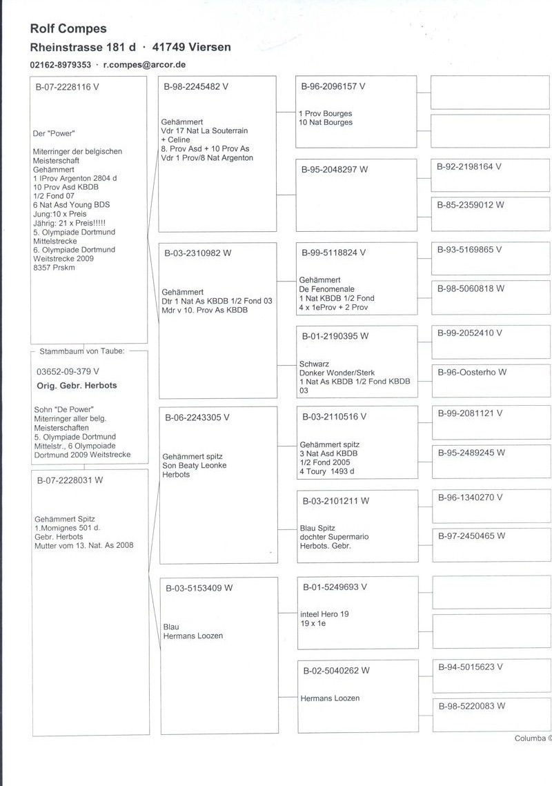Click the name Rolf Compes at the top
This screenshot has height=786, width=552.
coord(68,28)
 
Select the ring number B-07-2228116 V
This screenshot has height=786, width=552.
coord(68,88)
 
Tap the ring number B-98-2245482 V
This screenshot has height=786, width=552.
coord(196,87)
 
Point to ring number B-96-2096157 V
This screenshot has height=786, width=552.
coord(333,87)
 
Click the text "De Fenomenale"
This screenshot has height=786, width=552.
coord(326,288)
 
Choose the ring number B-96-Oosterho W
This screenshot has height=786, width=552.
coord(472,372)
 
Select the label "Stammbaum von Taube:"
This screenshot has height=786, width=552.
coord(82,351)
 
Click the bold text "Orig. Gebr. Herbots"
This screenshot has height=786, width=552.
coord(77,385)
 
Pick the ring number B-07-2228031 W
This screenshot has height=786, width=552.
coord(70,480)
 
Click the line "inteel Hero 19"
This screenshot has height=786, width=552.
coord(325,613)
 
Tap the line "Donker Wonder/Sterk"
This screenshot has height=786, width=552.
coord(337,372)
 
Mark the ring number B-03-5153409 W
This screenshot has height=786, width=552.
coord(199,588)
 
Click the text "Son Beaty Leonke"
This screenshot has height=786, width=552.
coord(195,465)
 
